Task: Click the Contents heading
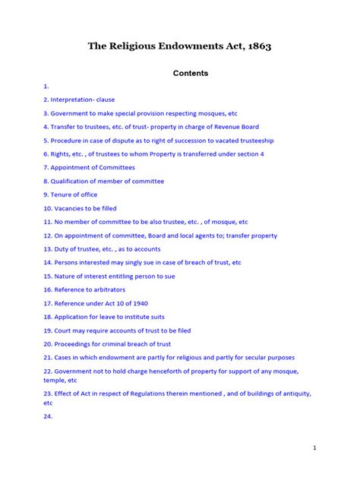click(x=180, y=74)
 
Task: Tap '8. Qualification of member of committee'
click(x=103, y=182)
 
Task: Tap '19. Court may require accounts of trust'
click(x=116, y=330)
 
